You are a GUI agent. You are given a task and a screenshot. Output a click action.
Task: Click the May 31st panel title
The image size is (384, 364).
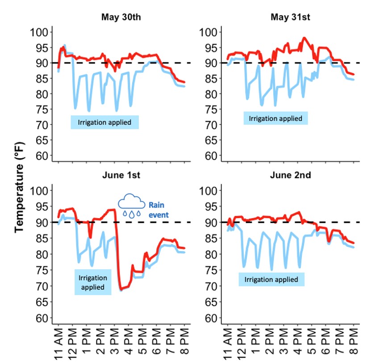pyautogui.click(x=291, y=17)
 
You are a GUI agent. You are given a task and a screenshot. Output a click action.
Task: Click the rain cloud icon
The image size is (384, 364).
pyautogui.click(x=131, y=206)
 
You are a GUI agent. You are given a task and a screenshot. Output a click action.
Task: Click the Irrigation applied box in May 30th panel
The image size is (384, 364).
pyautogui.click(x=104, y=122)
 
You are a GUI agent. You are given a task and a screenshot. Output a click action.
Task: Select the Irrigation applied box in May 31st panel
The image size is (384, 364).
pyautogui.click(x=275, y=119)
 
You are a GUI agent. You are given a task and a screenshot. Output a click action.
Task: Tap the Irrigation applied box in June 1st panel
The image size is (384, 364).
pyautogui.click(x=92, y=282)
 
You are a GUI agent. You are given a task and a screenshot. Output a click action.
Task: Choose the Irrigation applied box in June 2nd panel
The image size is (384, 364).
pyautogui.click(x=271, y=279)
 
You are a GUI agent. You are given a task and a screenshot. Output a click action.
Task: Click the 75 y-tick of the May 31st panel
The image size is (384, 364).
pyautogui.click(x=209, y=110)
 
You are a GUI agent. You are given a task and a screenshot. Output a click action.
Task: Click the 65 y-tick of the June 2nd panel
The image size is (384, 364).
pyautogui.click(x=209, y=302)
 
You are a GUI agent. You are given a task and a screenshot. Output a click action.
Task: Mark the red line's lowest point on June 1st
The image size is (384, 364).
pyautogui.click(x=121, y=289)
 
